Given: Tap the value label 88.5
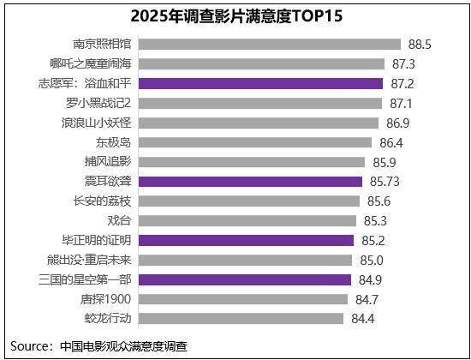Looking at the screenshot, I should click(x=419, y=44).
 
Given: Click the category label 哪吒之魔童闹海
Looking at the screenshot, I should click(x=90, y=63).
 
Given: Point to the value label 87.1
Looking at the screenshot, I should click(x=401, y=103).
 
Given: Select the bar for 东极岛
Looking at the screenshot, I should click(x=254, y=142).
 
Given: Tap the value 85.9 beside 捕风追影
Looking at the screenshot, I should click(x=387, y=162).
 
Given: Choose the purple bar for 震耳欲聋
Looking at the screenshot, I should click(x=250, y=182).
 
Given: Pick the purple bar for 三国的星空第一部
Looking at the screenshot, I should click(x=244, y=279).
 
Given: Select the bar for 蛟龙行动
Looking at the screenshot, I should click(x=241, y=319).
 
